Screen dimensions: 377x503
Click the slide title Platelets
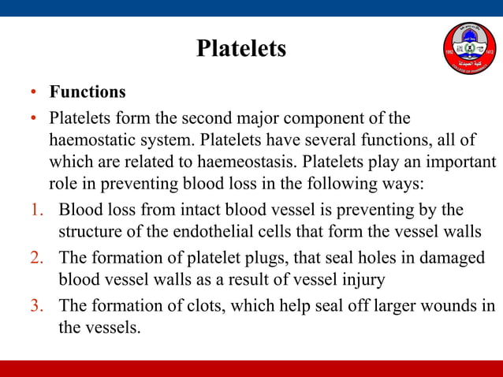pos(240,49)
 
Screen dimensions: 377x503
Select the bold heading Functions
pos(88,92)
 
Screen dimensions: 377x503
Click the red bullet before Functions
pos(34,92)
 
